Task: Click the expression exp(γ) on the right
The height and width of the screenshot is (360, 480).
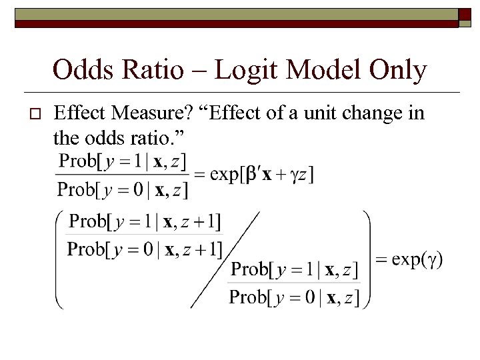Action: [417, 259]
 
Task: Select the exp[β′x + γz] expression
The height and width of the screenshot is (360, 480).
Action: [262, 175]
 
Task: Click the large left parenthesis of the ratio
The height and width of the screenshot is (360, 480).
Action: [60, 259]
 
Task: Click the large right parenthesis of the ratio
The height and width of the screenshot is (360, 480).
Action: [365, 259]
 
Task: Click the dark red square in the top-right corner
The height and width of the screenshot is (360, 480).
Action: [465, 17]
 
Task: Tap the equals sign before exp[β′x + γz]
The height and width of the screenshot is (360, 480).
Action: [200, 175]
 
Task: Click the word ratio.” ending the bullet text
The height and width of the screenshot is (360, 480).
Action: [163, 139]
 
